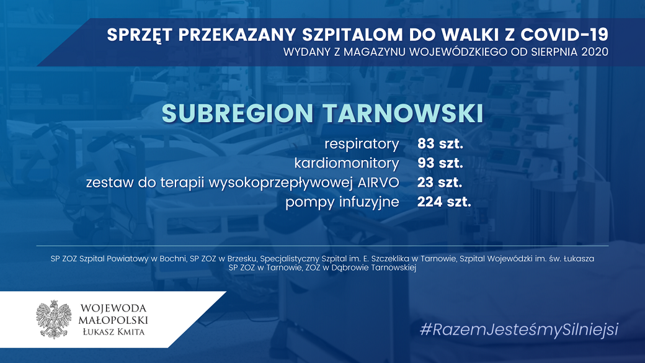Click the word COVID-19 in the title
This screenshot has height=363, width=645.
point(564,35)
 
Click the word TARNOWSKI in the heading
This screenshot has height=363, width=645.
point(403,113)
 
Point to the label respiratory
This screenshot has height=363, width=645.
point(362,144)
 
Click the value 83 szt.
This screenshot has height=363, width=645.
point(440,143)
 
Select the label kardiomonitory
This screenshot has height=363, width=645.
point(347,163)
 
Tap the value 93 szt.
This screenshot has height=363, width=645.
point(440,163)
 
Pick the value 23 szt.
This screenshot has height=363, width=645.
point(440,182)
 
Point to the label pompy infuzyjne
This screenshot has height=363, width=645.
point(342,202)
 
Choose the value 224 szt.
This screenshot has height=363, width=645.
point(444,202)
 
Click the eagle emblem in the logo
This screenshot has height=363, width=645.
point(54,320)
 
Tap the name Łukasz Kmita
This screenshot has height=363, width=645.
point(113,332)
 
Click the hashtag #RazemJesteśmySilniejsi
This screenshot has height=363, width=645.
point(519,329)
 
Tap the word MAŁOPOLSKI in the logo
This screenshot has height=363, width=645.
point(113,320)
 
